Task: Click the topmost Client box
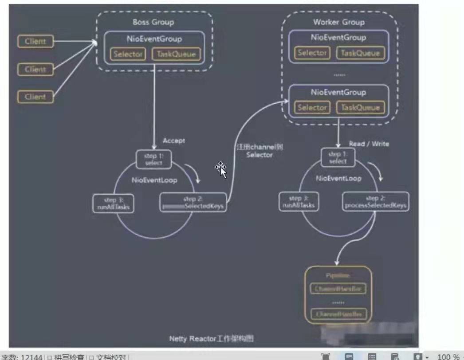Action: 35,42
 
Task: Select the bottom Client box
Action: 35,97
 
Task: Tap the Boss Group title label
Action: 153,22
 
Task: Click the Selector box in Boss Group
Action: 128,55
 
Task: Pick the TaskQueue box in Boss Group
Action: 176,55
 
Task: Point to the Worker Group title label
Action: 338,22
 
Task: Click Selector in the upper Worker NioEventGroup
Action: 312,53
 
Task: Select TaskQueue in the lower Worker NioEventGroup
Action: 360,108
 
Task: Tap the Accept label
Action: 173,141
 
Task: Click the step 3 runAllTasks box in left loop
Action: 113,203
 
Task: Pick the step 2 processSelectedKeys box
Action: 375,202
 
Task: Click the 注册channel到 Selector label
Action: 260,151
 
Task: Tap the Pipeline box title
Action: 338,275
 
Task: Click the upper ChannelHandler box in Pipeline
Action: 338,289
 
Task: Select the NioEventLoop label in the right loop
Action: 338,179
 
